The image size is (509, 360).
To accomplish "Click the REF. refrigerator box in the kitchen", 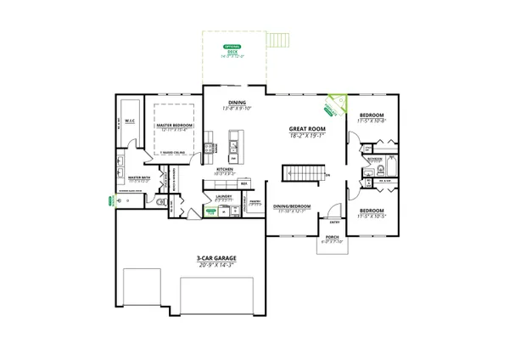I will click(244, 183).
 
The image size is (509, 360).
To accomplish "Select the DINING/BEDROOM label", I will click(291, 205).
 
